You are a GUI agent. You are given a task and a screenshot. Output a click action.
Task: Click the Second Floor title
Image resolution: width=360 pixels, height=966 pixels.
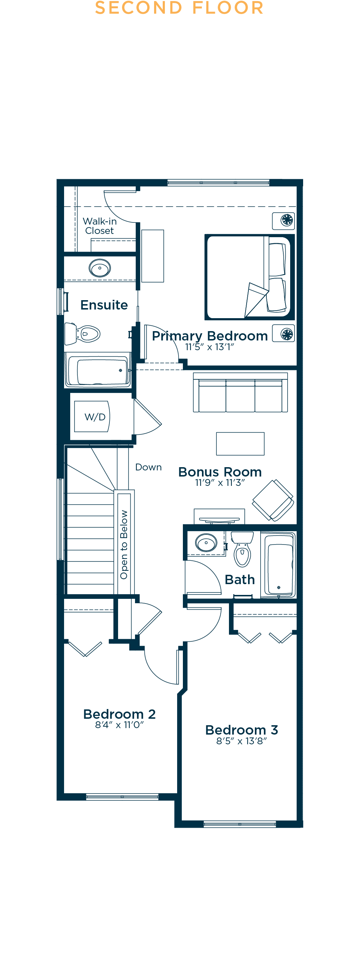pyautogui.click(x=179, y=8)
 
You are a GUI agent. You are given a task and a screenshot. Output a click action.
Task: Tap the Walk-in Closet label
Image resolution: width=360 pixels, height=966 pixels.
pyautogui.click(x=100, y=226)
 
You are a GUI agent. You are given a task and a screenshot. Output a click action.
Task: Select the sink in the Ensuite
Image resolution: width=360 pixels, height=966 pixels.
pyautogui.click(x=100, y=268)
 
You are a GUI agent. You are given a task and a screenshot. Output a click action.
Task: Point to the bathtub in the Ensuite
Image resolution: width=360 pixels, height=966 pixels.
pyautogui.click(x=98, y=370)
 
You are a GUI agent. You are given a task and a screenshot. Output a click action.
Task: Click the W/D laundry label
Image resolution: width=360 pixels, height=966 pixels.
pyautogui.click(x=95, y=417)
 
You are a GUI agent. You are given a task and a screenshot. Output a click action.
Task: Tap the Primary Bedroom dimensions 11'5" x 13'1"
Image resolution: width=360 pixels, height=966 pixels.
pyautogui.click(x=210, y=347)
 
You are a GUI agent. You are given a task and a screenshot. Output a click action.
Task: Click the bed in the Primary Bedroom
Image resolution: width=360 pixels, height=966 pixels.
pyautogui.click(x=249, y=277)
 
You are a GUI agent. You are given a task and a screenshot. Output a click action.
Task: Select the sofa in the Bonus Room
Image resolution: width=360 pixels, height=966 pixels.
pyautogui.click(x=240, y=392)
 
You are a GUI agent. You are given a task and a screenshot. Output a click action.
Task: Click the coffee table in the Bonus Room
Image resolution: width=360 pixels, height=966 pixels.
pyautogui.click(x=240, y=444)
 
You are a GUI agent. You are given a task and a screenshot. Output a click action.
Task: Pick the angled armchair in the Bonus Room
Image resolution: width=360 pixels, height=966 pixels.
pyautogui.click(x=273, y=500)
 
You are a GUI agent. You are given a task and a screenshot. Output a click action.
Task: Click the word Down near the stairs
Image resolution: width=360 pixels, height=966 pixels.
pyautogui.click(x=148, y=467)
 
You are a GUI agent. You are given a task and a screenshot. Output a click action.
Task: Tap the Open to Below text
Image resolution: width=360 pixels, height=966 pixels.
pyautogui.click(x=124, y=545)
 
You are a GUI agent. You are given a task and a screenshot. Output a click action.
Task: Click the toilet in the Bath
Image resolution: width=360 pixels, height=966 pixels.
pyautogui.click(x=242, y=549)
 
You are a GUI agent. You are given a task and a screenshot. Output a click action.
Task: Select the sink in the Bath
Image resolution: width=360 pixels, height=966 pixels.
pyautogui.click(x=206, y=543)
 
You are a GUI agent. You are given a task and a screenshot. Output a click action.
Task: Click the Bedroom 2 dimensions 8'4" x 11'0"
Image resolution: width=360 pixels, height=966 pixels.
pyautogui.click(x=119, y=725)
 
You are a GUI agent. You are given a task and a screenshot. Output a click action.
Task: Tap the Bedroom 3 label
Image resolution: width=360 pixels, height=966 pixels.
pyautogui.click(x=242, y=730)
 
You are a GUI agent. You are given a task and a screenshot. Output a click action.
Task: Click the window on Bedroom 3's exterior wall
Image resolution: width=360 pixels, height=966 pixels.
pyautogui.click(x=240, y=824)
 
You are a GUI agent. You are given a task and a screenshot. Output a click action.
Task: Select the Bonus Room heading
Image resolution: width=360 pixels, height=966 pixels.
pyautogui.click(x=220, y=472)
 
